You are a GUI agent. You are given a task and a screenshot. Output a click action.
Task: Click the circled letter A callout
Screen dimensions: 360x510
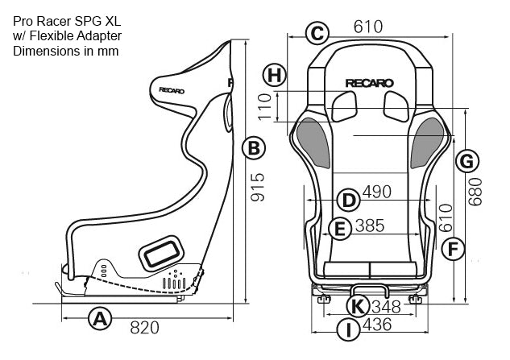(99, 320)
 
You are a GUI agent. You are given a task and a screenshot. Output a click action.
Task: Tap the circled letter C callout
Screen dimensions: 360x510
(317, 32)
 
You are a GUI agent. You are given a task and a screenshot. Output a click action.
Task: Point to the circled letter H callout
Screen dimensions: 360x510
(275, 75)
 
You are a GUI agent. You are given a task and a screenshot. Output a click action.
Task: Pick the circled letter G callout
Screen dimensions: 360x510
(464, 161)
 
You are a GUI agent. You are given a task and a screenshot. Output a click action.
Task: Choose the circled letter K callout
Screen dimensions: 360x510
(359, 306)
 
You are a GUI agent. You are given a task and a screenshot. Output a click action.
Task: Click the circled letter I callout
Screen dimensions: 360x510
(347, 329)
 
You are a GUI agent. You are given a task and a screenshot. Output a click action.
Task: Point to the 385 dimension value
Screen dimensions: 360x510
(369, 226)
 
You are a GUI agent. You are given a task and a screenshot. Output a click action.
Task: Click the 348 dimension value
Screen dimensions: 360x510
(387, 306)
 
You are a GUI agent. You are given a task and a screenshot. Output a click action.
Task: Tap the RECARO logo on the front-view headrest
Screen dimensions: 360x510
(369, 82)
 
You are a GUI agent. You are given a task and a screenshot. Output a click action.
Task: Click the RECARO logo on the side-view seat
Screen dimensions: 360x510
(171, 90)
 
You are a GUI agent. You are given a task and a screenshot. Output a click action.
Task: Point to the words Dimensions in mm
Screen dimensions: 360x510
(66, 50)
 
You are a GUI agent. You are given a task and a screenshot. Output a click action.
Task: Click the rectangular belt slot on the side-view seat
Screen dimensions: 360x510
(161, 253)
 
